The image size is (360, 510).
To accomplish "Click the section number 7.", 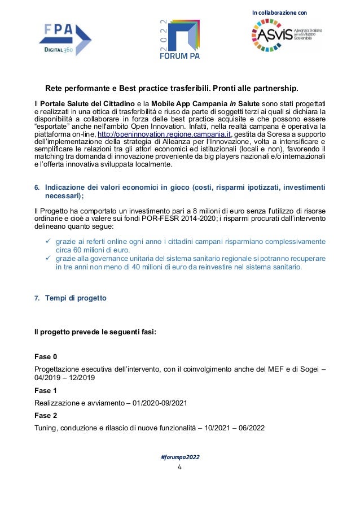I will pos(37,298).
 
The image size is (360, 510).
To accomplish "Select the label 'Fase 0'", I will pos(46,357).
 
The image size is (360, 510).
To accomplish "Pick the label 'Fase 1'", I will pos(46,390).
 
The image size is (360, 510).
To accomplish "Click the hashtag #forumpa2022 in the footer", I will pos(179,456).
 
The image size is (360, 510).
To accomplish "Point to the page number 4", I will pos(179,467).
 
